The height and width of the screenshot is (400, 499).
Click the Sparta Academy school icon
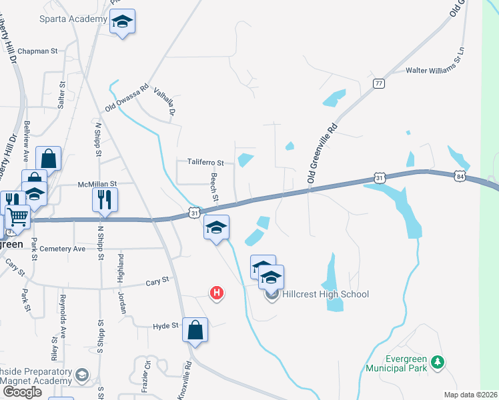(122, 22)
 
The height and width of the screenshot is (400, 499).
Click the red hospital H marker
(217, 293)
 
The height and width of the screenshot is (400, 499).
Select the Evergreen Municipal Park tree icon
(438, 362)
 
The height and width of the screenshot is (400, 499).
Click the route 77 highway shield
(379, 83)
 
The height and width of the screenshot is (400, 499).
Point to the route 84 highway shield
(460, 176)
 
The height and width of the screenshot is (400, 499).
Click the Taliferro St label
(205, 162)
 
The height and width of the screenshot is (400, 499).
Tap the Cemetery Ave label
(63, 249)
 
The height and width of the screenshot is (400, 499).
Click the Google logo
(22, 392)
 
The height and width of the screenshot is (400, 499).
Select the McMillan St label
(97, 183)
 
